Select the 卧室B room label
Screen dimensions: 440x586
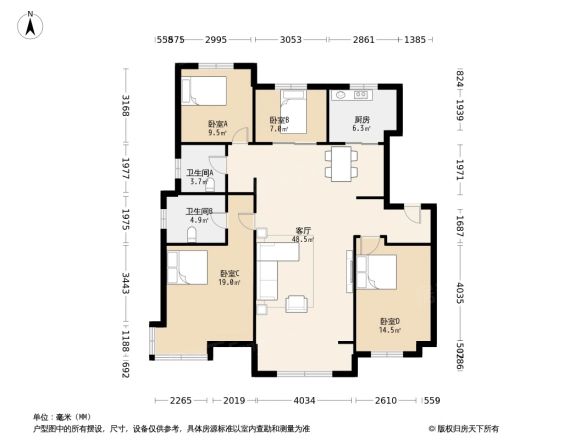280,121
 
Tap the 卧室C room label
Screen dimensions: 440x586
229,273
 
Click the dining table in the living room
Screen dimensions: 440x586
340,163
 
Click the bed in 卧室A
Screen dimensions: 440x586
204,91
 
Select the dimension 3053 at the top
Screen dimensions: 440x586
290,39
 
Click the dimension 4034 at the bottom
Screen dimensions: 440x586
304,400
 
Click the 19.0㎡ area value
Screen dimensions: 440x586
229,282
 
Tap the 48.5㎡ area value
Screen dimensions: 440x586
301,239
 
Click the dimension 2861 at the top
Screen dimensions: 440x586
363,39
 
